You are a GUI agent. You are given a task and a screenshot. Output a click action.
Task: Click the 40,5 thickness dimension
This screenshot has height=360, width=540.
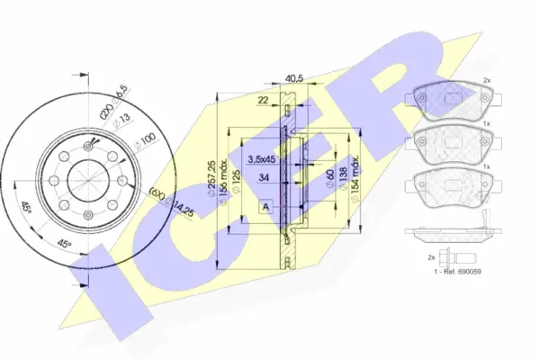[x=292, y=77]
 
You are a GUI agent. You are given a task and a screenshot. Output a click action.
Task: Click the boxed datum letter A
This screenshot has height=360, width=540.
[x=267, y=208]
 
